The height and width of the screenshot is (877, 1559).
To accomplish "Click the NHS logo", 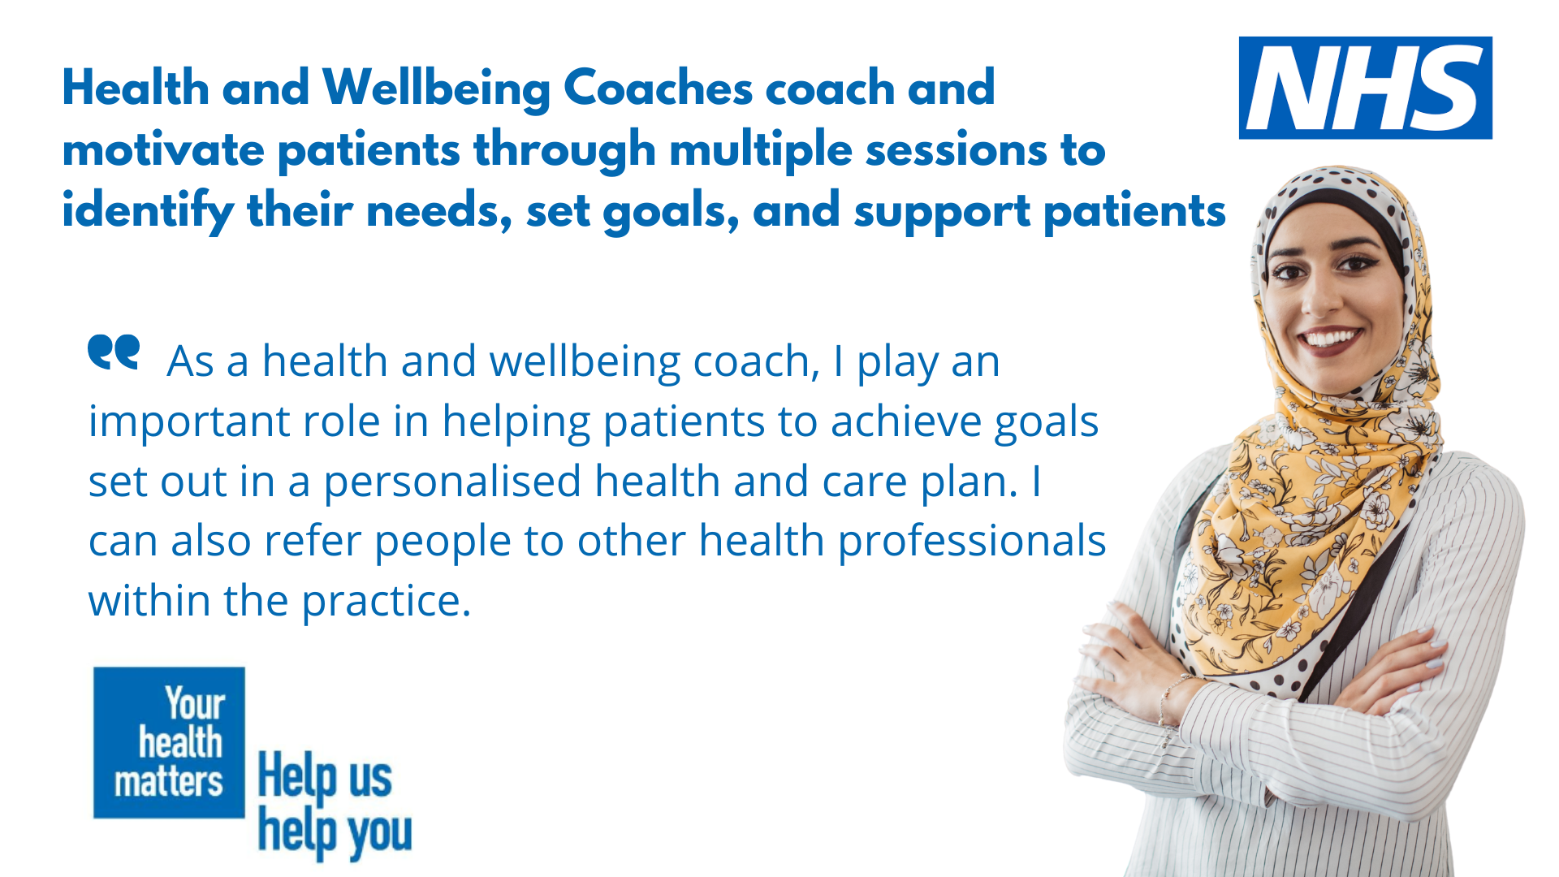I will [1365, 88].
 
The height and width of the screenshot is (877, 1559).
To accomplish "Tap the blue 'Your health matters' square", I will [169, 742].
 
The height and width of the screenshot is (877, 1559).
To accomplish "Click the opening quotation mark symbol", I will [114, 352].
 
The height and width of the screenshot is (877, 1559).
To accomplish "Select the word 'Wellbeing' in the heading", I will [437, 89].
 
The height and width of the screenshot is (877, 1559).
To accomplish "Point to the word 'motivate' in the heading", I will [163, 150].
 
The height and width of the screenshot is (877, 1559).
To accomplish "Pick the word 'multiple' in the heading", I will [760, 152].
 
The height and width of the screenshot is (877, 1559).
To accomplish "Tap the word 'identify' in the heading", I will [148, 211].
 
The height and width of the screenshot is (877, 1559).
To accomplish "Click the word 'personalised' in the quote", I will [452, 482].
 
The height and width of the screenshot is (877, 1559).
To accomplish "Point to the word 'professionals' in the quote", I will [971, 542].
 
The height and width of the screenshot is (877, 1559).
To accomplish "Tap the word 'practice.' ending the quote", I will [386, 603].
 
